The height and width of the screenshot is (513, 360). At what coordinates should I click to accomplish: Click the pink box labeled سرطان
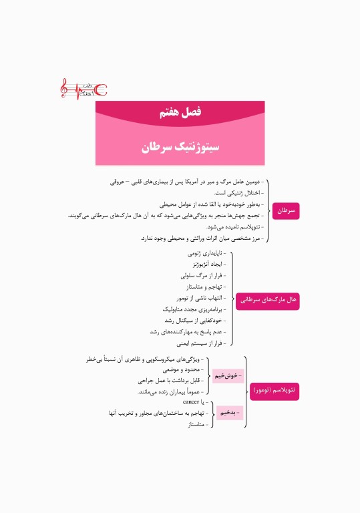point(286,210)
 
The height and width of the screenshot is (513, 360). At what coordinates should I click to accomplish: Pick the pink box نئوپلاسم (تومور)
point(275,389)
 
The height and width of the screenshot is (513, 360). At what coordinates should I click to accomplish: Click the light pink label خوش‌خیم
point(228,375)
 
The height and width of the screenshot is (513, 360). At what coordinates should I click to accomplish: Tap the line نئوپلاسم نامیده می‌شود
point(230,226)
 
